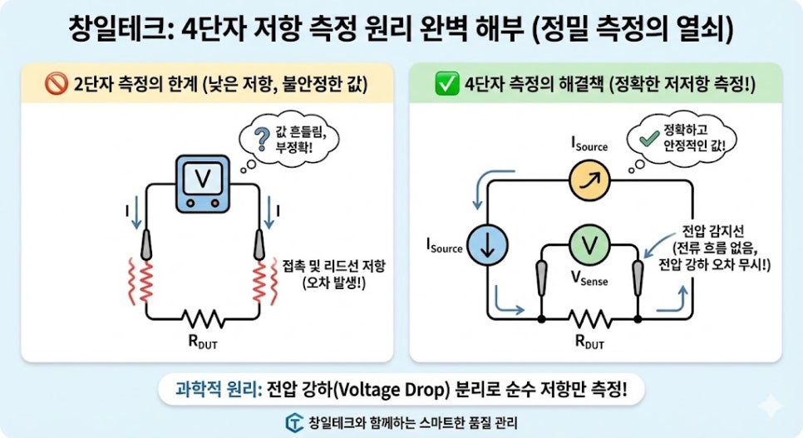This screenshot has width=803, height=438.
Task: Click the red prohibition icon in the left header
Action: (57, 85)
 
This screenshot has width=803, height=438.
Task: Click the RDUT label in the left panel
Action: (203, 341)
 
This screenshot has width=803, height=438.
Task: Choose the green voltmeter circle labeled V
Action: (589, 244)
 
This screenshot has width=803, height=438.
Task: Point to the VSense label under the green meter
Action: (589, 280)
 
